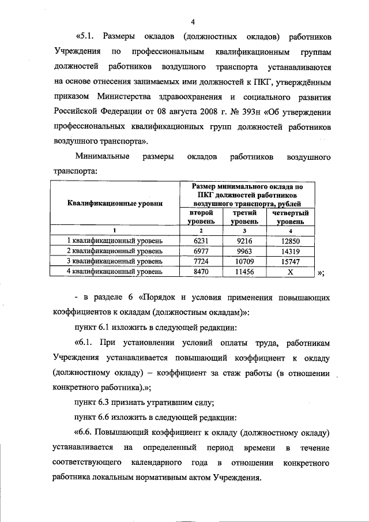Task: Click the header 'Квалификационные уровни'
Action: (x=115, y=203)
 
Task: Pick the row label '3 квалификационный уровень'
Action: (x=115, y=261)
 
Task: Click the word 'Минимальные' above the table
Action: (x=101, y=156)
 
